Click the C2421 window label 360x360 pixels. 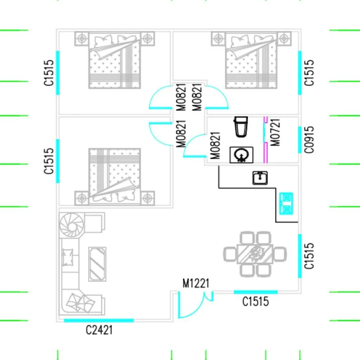tap(99, 330)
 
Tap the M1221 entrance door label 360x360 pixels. tap(196, 283)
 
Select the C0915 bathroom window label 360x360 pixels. tap(309, 140)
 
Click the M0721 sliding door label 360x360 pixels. tap(275, 132)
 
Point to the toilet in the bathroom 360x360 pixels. tap(241, 127)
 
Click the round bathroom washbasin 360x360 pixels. tap(241, 155)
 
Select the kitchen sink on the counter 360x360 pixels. tap(260, 178)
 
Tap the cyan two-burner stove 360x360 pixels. tap(286, 204)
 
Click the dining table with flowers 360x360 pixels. tap(255, 254)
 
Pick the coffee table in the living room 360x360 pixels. tap(97, 264)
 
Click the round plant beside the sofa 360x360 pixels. tap(71, 225)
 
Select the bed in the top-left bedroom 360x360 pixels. tap(114, 60)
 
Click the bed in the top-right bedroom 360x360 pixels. tap(251, 60)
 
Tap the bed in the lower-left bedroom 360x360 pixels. tap(114, 176)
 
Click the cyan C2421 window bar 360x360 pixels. tap(99, 320)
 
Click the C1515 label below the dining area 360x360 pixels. tap(256, 301)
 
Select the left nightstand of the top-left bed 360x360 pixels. tap(82, 39)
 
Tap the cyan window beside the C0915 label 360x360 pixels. tap(300, 140)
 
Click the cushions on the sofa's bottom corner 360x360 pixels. tap(80, 303)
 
